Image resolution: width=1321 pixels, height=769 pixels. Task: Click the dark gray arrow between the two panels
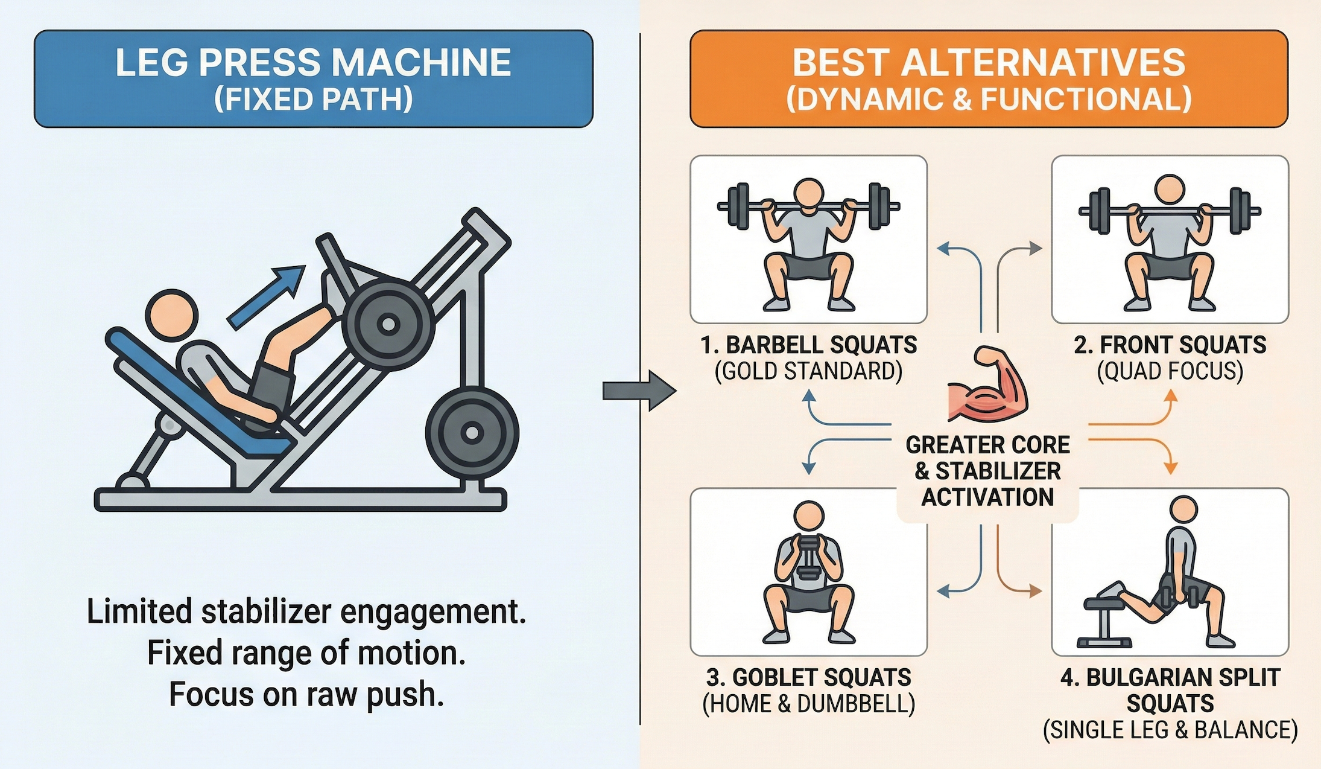pos(639,391)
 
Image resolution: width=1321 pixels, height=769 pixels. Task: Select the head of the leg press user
pos(172,316)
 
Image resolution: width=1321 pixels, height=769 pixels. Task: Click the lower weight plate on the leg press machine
pos(472,433)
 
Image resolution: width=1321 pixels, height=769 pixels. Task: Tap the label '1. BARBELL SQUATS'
pos(809,345)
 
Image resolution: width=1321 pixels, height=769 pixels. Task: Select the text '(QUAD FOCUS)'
pos(1170,371)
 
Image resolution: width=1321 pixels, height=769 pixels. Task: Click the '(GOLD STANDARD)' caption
pos(808,371)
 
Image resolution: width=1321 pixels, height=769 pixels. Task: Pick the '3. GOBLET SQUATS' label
pos(808,677)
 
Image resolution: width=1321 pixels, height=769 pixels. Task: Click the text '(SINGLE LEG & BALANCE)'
pos(1170,730)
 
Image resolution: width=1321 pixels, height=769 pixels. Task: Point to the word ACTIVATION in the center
pos(988,497)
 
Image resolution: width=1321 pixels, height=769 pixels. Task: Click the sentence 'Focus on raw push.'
pos(306,694)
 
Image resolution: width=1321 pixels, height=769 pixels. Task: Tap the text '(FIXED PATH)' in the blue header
pos(314,99)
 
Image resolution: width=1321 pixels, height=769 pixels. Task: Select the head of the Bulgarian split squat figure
pos(1183,511)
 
